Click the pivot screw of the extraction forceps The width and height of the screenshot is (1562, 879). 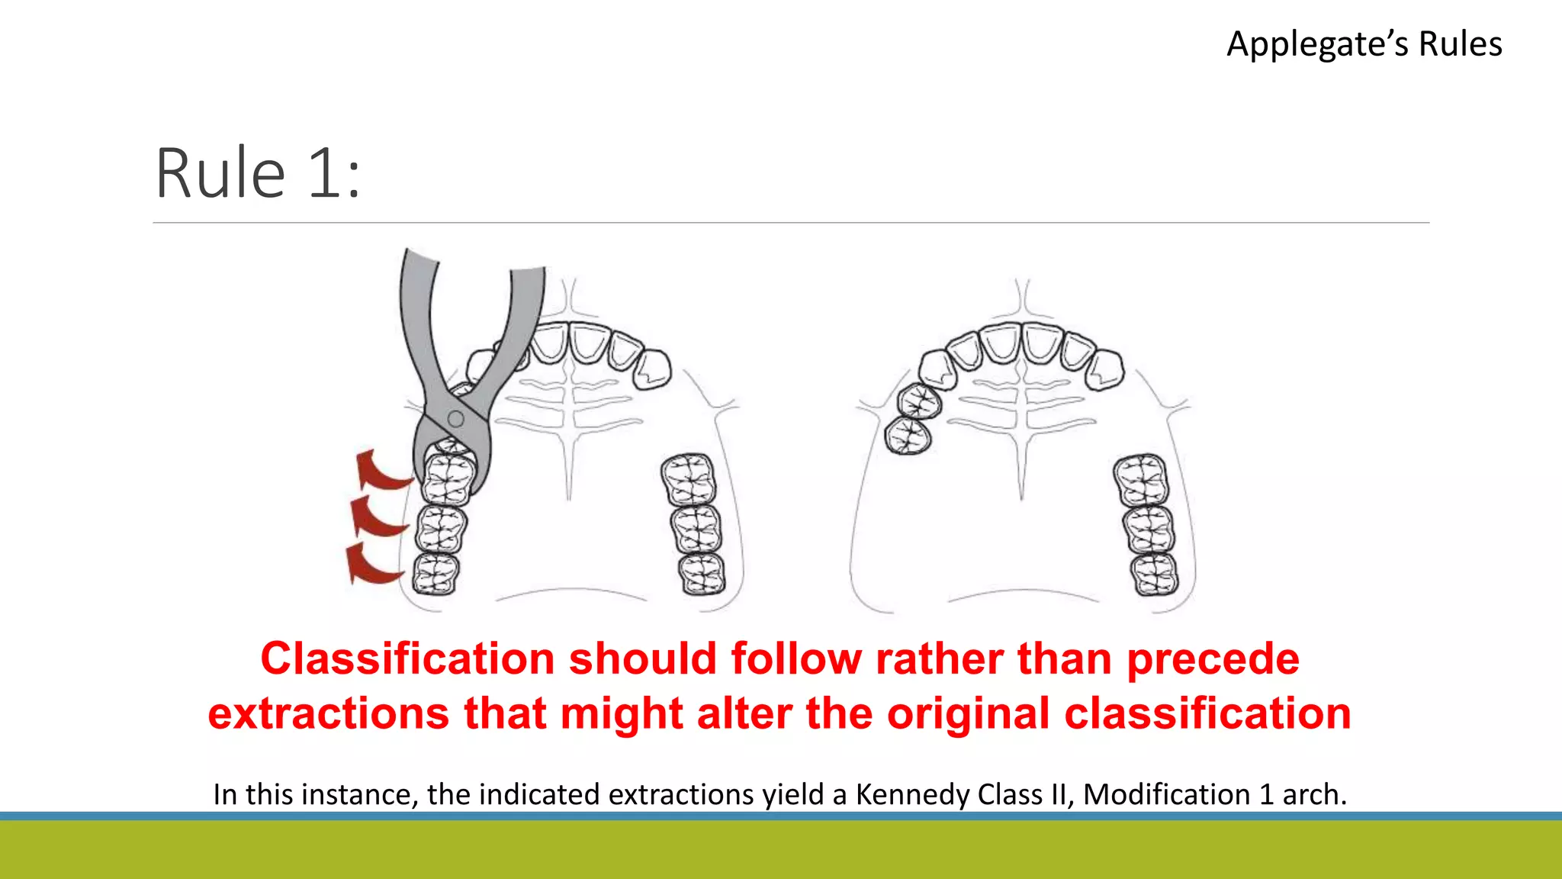(456, 418)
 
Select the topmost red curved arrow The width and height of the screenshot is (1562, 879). (381, 468)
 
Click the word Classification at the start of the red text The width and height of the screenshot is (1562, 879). (407, 658)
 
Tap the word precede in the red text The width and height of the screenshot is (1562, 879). (1213, 658)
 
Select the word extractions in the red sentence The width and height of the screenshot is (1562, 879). (328, 714)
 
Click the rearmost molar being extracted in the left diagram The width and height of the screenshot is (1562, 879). (435, 573)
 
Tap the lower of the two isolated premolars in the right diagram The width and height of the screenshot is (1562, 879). (908, 436)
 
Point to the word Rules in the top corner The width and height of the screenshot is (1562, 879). (1460, 44)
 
